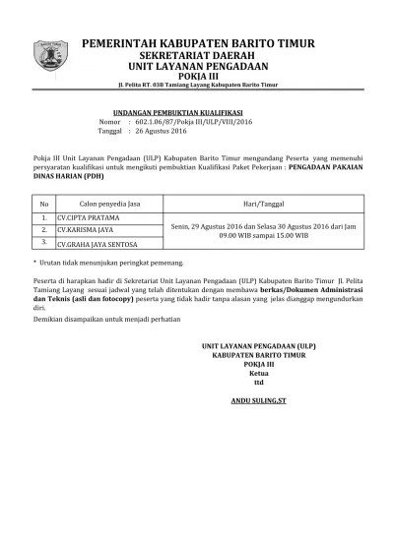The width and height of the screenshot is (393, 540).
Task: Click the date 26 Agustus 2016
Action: pyautogui.click(x=159, y=131)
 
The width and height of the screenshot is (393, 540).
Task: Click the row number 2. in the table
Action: pyautogui.click(x=43, y=229)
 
